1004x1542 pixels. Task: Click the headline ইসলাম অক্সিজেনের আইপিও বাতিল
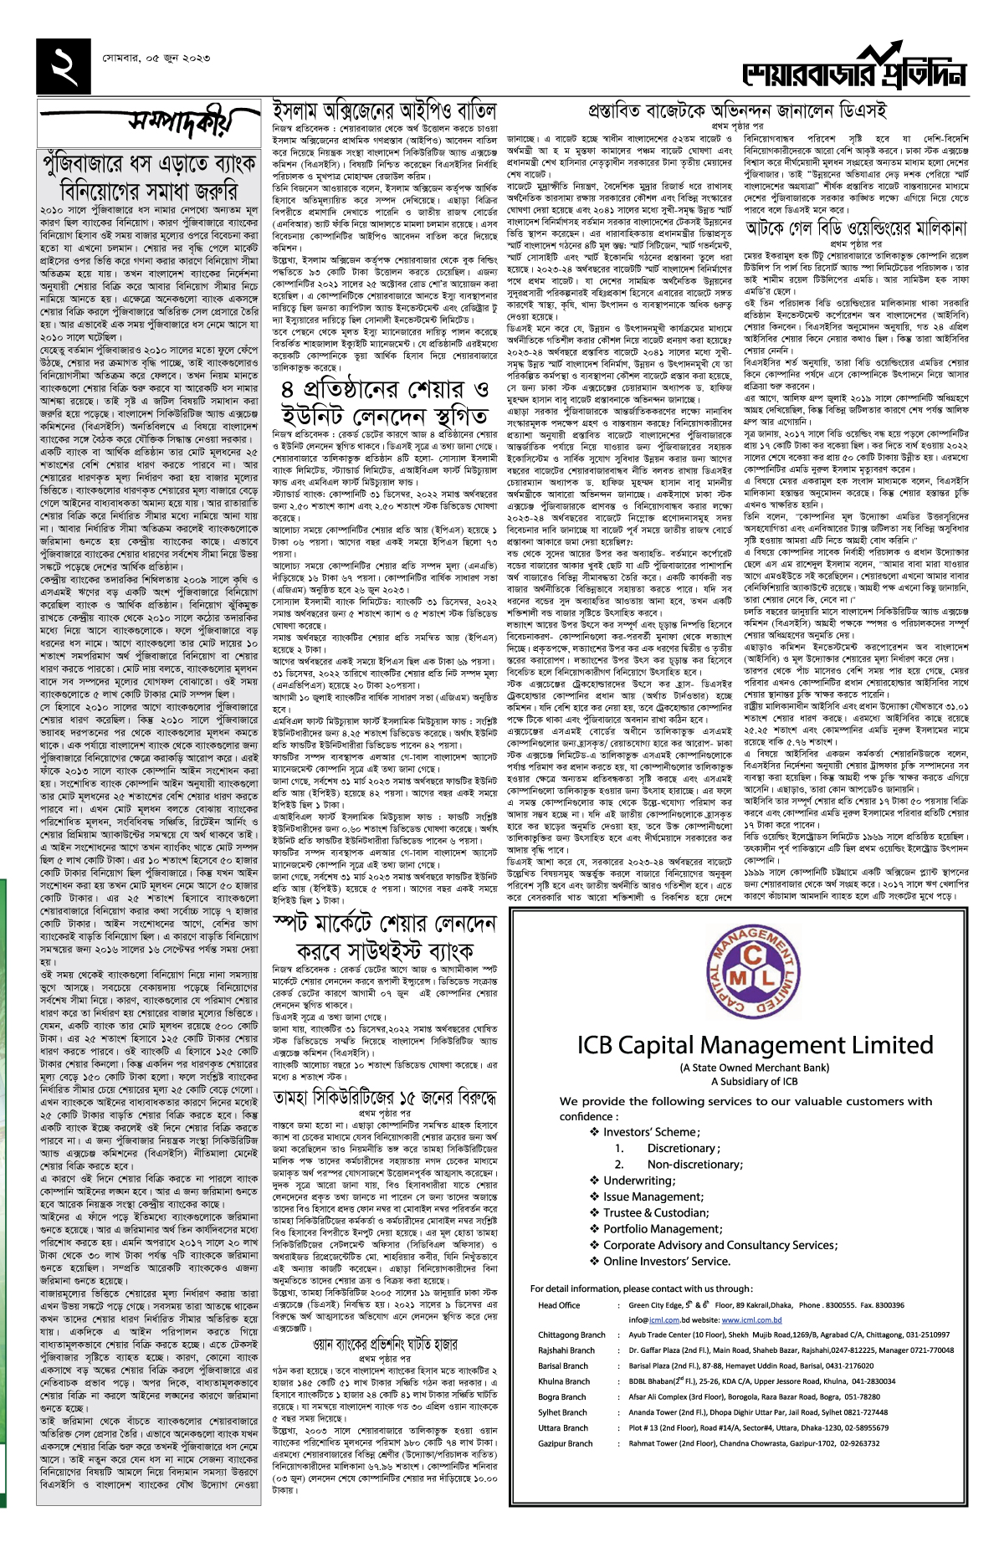click(x=384, y=111)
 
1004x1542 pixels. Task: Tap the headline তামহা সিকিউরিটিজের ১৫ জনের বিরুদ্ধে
click(x=384, y=1097)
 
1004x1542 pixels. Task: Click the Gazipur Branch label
click(x=566, y=1444)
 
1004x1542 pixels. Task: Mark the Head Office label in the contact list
click(x=559, y=1305)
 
